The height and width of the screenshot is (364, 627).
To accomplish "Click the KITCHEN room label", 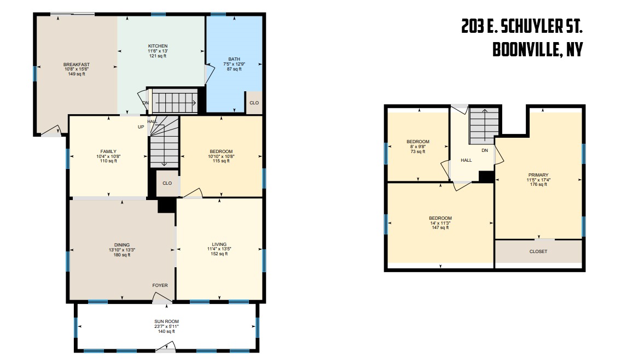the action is point(158,46).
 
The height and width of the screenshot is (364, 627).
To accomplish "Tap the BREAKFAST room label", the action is point(77,64).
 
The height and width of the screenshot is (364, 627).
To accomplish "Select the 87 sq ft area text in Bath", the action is point(234,69).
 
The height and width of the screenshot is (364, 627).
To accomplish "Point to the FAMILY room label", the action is point(108,151).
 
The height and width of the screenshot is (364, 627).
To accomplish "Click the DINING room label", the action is point(122,245).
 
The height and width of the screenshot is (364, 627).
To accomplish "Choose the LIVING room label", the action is point(219,244).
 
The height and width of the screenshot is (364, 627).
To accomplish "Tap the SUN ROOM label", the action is point(167,321).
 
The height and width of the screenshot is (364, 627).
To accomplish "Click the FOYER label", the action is point(160,285).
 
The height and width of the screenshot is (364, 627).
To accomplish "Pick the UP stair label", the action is point(141,127).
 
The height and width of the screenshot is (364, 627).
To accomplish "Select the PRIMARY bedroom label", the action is point(538,175).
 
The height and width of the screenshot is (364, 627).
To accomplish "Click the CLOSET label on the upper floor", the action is point(538,251).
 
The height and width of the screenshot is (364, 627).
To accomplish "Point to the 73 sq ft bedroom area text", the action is point(418,152).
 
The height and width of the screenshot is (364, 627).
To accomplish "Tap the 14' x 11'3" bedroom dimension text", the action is point(440,223).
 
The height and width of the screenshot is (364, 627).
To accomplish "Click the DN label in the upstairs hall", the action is point(485,151).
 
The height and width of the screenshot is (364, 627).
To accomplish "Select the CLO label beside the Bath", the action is point(254,103).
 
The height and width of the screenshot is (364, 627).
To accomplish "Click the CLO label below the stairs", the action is point(167,183).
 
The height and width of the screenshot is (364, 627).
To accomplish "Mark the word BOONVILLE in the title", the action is point(525,50).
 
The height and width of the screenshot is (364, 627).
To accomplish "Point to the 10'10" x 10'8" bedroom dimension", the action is point(221,157).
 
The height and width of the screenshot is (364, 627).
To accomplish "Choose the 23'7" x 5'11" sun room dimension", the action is point(167,326).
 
